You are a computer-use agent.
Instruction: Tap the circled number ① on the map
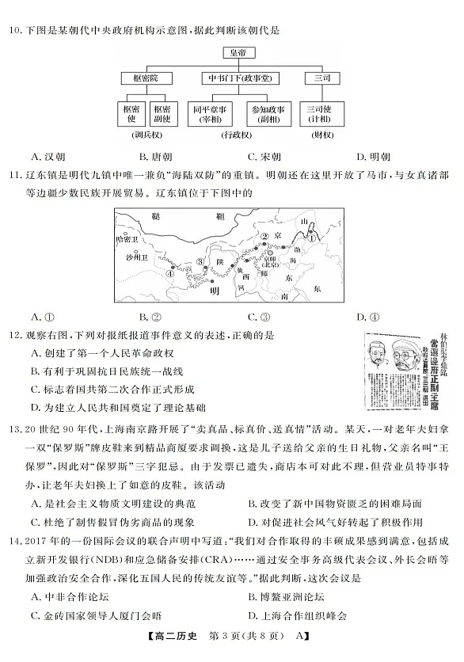[312, 235]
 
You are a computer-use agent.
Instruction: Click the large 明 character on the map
[212, 291]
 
